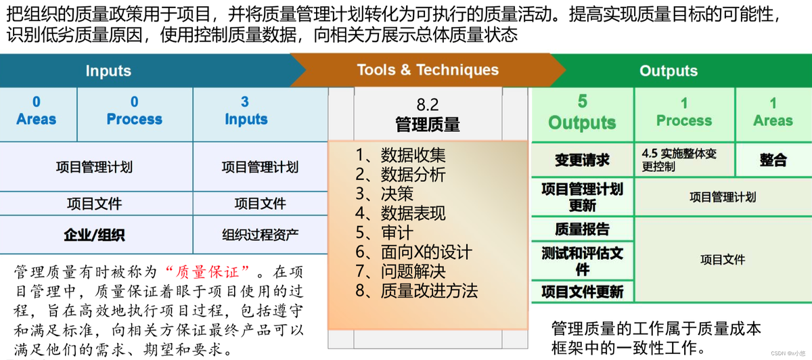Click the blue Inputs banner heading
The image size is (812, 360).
click(108, 70)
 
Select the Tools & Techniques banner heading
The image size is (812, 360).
click(428, 70)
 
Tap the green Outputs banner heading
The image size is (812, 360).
click(669, 70)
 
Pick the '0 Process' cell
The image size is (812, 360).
click(135, 114)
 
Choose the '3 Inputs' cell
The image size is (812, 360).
click(261, 114)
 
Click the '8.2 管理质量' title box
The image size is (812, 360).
click(428, 114)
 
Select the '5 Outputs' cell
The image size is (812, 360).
click(582, 114)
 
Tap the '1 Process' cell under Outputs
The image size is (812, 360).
click(684, 114)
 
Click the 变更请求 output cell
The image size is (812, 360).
click(582, 160)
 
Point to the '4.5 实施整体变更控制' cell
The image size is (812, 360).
click(684, 160)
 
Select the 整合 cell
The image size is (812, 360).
click(773, 160)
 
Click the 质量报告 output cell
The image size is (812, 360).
click(582, 229)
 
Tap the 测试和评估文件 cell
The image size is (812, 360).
click(582, 261)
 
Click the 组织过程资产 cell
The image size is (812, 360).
click(261, 235)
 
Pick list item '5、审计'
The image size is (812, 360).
click(384, 233)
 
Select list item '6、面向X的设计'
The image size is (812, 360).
click(413, 252)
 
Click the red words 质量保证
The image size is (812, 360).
click(208, 272)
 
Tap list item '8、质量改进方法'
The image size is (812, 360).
click(417, 291)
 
